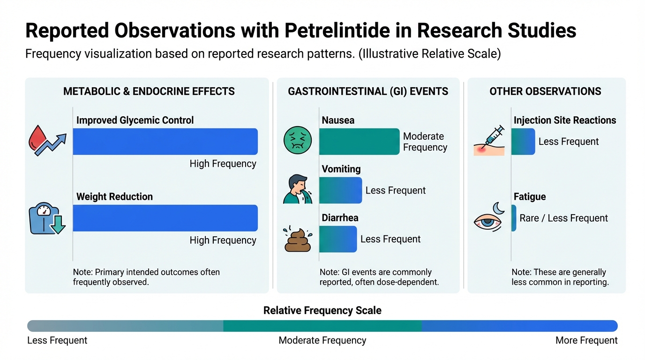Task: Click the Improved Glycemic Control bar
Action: (165, 142)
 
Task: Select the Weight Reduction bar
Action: (165, 218)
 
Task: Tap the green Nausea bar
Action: (359, 142)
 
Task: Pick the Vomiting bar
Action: (340, 190)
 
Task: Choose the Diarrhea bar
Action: (338, 239)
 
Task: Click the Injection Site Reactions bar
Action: (523, 142)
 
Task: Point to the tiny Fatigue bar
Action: (514, 218)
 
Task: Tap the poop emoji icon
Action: (298, 239)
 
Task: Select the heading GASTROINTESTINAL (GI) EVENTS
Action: (368, 91)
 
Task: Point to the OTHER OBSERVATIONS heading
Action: (545, 91)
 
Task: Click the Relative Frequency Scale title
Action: (322, 310)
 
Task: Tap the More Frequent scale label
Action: (586, 340)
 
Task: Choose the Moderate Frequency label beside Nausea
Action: (425, 142)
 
